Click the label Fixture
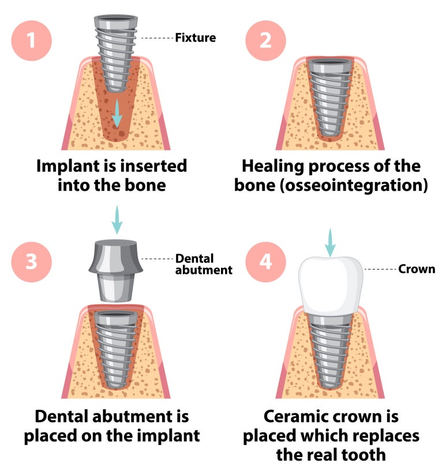click(196, 39)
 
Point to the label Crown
click(417, 269)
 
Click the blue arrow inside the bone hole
click(117, 113)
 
